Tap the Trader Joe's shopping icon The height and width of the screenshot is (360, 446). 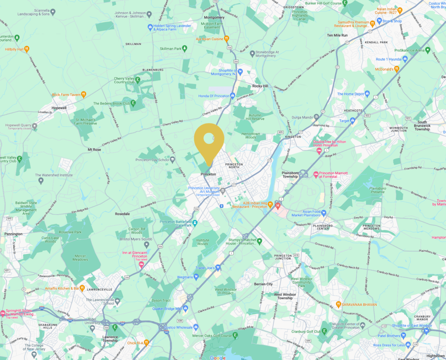pos(218,268)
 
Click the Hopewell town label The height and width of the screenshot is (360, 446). pos(58,107)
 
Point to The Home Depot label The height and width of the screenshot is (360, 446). pos(350,94)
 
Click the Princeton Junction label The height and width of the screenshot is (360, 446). pos(283,257)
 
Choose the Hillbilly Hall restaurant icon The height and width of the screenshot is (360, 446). pos(27,49)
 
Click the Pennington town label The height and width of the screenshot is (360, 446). pos(13,234)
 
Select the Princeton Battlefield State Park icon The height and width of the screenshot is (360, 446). pos(195,223)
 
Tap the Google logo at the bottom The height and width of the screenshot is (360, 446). pos(217,357)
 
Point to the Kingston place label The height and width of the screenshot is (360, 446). pos(293,136)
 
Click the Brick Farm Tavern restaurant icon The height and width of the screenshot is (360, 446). pos(84,94)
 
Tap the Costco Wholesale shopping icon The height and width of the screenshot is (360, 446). pos(196,327)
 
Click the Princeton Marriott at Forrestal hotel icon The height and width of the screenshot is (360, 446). pos(316,174)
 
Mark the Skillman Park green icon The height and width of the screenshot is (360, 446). pos(185,48)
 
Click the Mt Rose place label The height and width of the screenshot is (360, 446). pos(94,149)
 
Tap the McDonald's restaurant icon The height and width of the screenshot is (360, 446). pos(396,68)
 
